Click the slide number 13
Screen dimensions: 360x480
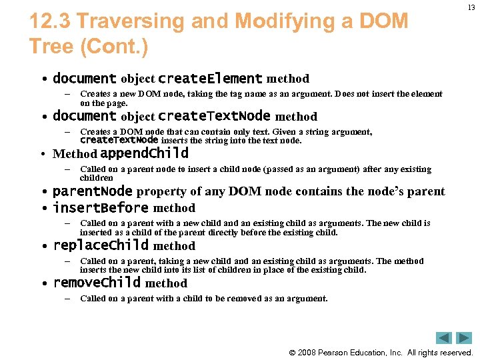[471, 7]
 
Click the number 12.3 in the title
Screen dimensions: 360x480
[51, 21]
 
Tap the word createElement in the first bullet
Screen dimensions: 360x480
[210, 79]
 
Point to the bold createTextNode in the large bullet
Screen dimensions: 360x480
[214, 116]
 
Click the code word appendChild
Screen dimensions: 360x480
[144, 153]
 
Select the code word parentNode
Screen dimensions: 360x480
[93, 191]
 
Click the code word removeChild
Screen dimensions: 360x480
[97, 283]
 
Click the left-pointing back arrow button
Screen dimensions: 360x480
[444, 338]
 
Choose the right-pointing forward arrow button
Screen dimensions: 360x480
[464, 338]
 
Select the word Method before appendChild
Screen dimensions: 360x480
[75, 154]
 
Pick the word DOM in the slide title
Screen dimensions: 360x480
[383, 21]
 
